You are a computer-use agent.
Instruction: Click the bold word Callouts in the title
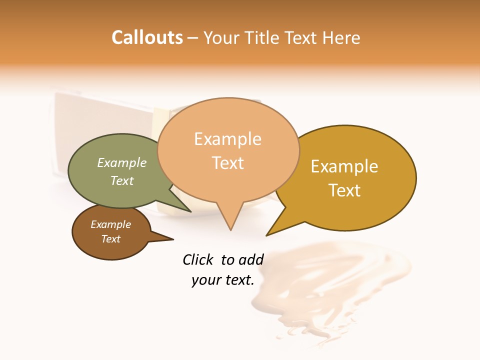[x=147, y=37]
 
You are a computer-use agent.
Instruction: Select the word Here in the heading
[x=341, y=38]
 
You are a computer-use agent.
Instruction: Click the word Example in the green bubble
[x=122, y=162]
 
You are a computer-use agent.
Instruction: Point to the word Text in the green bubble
[x=122, y=180]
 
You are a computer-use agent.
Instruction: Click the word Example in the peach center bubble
[x=227, y=139]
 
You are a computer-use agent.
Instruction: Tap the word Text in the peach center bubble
[x=228, y=163]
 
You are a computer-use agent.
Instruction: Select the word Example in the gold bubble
[x=344, y=166]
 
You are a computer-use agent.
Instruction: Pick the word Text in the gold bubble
[x=345, y=190]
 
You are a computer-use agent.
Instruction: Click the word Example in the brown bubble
[x=111, y=224]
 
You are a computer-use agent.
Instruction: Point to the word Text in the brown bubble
[x=111, y=239]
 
